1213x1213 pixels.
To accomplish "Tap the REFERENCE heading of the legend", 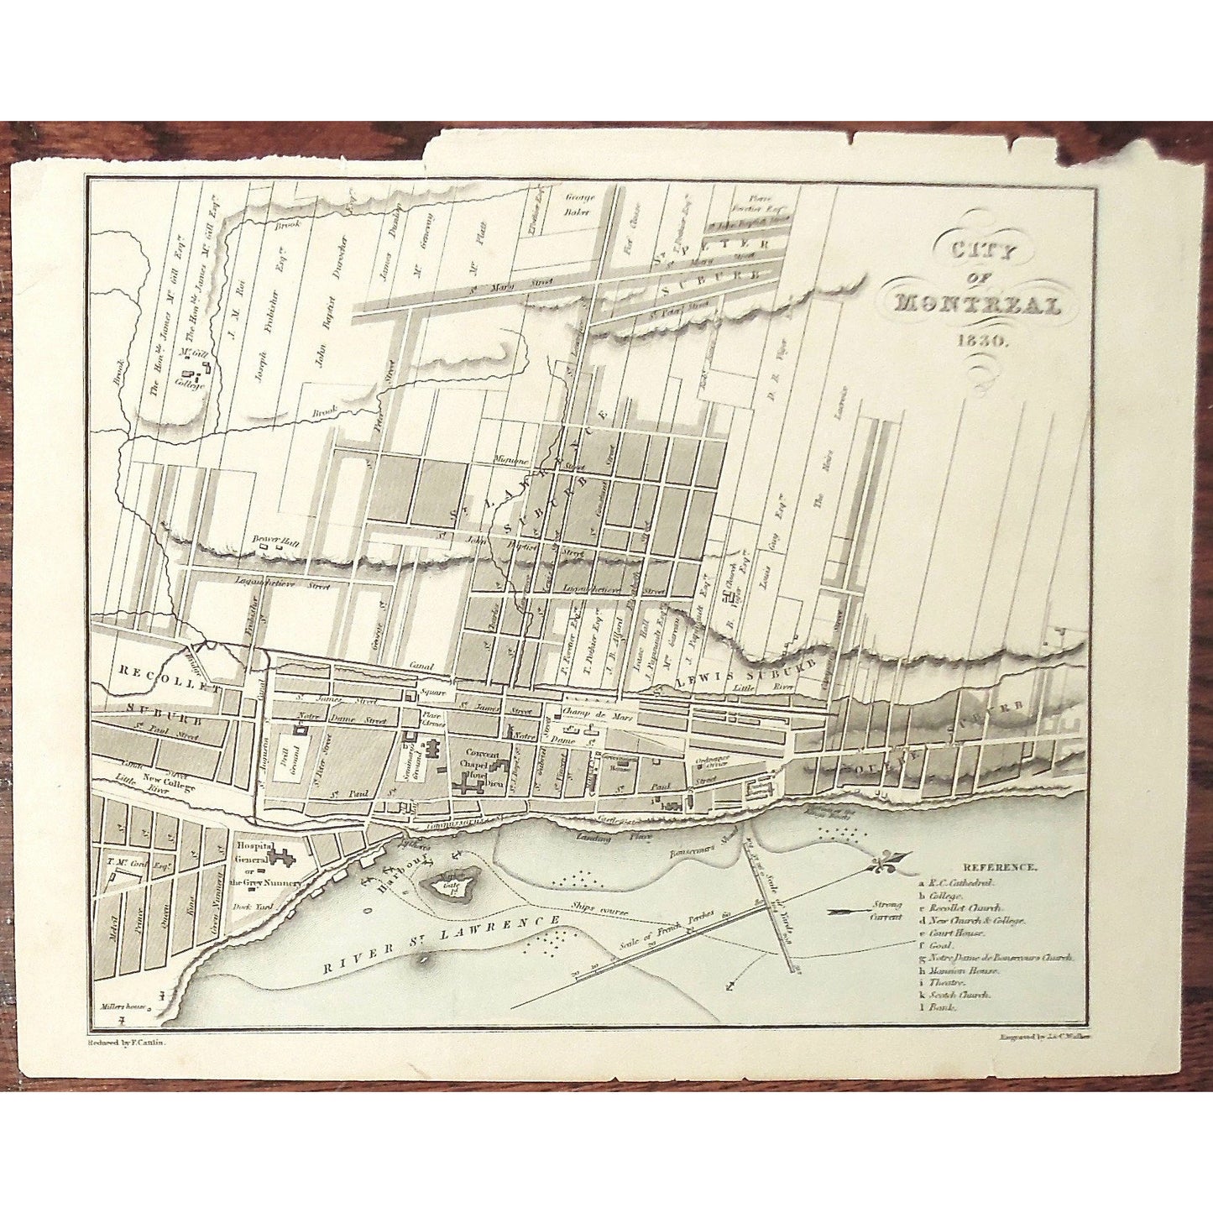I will pyautogui.click(x=1001, y=866).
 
